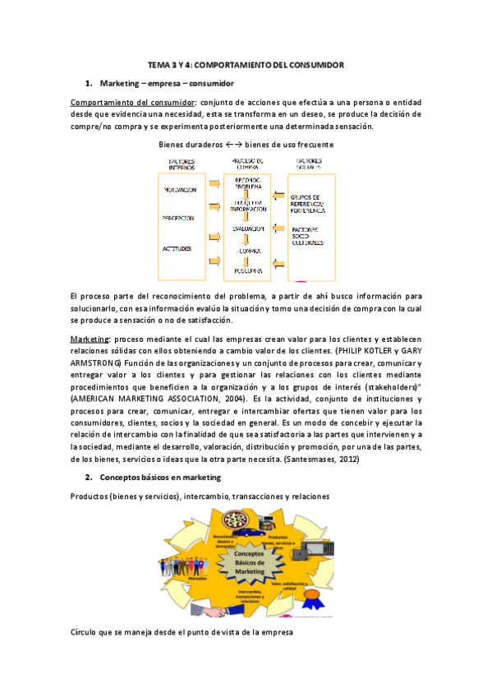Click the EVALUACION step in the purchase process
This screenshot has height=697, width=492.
click(x=246, y=228)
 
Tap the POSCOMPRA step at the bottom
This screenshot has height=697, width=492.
click(x=246, y=270)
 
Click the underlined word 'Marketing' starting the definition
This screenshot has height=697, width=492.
click(x=90, y=338)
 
